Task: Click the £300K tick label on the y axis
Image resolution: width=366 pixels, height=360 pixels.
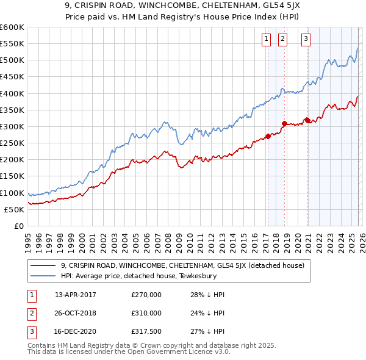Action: coord(12,126)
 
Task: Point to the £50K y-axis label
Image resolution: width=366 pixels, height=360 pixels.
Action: coord(13,209)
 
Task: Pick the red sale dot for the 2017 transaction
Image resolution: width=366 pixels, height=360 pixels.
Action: coord(268,137)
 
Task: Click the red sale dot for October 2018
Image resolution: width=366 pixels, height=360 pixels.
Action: coord(284,123)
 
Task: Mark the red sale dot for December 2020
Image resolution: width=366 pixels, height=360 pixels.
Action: coord(307,120)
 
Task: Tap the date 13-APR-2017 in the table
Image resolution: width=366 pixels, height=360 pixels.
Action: coord(76,295)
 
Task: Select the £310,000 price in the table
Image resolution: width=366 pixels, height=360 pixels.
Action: coord(146,312)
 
